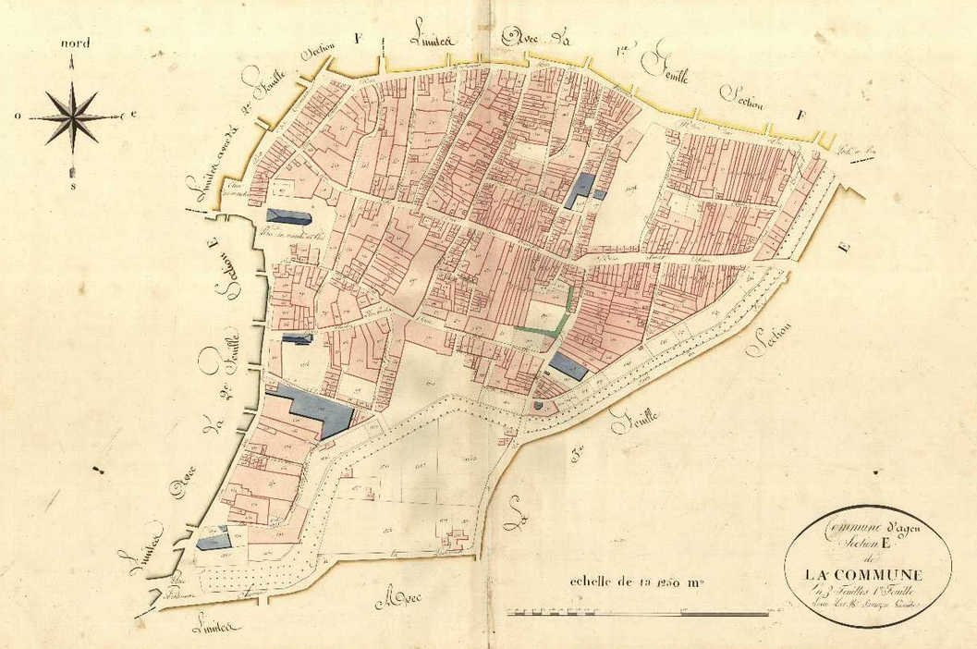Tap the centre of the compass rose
point(72,116)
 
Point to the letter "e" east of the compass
point(133,114)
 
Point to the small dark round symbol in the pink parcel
point(538,404)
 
